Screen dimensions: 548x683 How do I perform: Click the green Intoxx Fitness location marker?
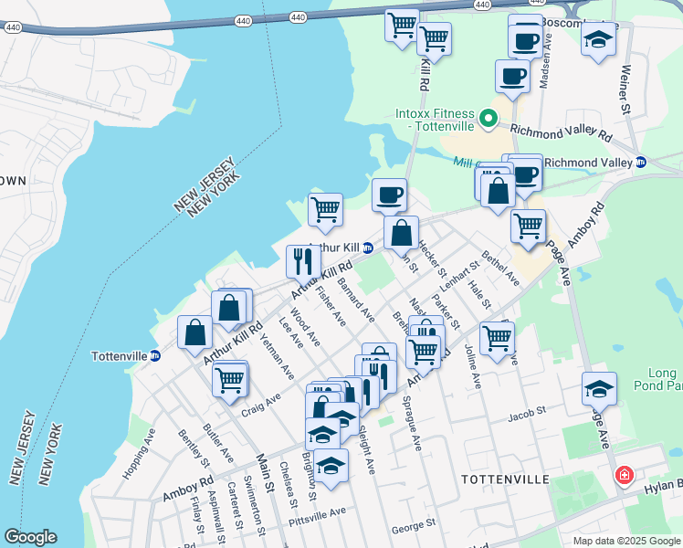click(x=489, y=118)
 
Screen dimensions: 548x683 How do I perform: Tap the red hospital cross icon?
click(x=624, y=476)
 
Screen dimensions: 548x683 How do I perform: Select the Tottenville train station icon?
click(x=155, y=356)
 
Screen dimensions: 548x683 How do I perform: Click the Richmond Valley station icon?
click(x=641, y=163)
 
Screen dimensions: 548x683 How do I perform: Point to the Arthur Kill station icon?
click(x=368, y=248)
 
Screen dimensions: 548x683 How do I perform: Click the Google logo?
click(x=31, y=537)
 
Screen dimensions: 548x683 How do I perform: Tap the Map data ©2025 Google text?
click(x=625, y=541)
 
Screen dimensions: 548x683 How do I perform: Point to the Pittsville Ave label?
click(x=317, y=513)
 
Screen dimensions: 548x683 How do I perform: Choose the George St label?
click(x=413, y=526)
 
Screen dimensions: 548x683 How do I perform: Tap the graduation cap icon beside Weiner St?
click(x=598, y=41)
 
